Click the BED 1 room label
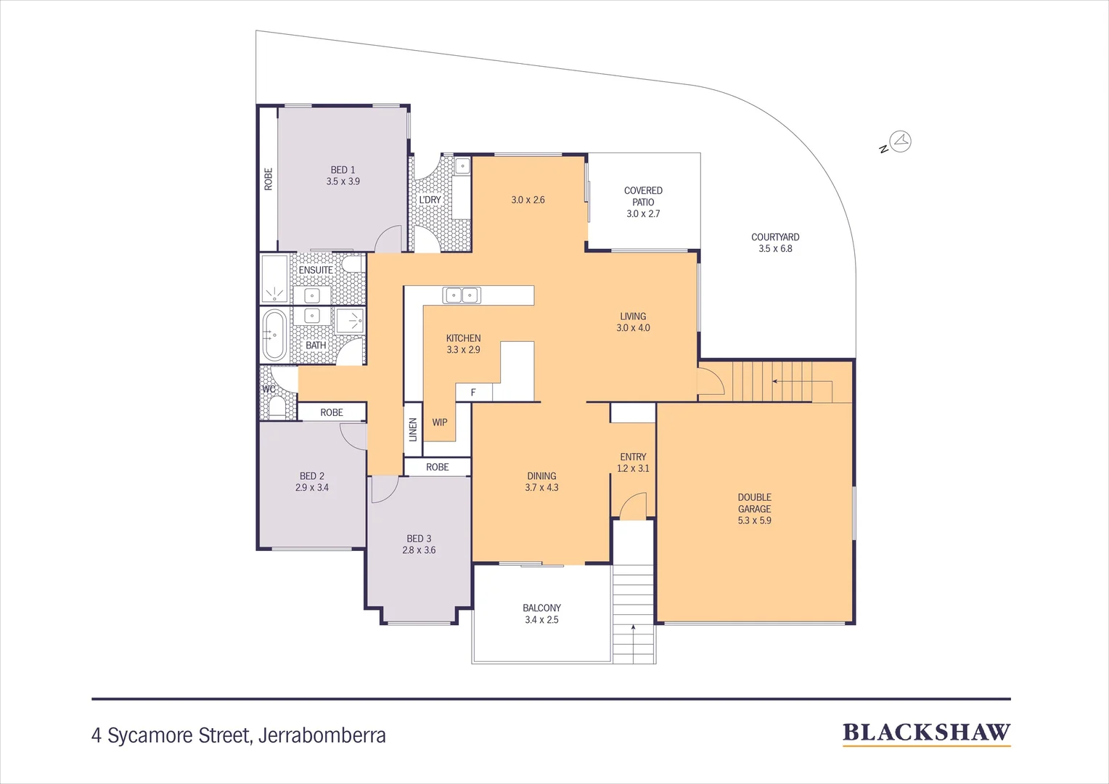pyautogui.click(x=343, y=170)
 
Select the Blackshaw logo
pyautogui.click(x=926, y=733)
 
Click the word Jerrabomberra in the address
pyautogui.click(x=322, y=735)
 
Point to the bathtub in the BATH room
pyautogui.click(x=274, y=335)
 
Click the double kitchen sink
pyautogui.click(x=462, y=295)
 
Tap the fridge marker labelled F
pyautogui.click(x=473, y=393)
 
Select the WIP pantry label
pyautogui.click(x=440, y=422)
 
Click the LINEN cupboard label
pyautogui.click(x=413, y=429)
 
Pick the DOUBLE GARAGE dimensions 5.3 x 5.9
pyautogui.click(x=754, y=520)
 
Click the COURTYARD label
pyautogui.click(x=775, y=237)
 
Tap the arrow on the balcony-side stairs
pyautogui.click(x=634, y=628)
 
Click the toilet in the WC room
pyautogui.click(x=277, y=407)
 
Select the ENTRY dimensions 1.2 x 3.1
pyautogui.click(x=633, y=469)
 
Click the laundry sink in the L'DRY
pyautogui.click(x=462, y=166)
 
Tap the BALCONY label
pyautogui.click(x=541, y=608)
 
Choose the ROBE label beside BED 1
pyautogui.click(x=269, y=179)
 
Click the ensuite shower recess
pyautogui.click(x=275, y=279)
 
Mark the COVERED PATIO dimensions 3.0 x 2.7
pyautogui.click(x=643, y=214)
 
